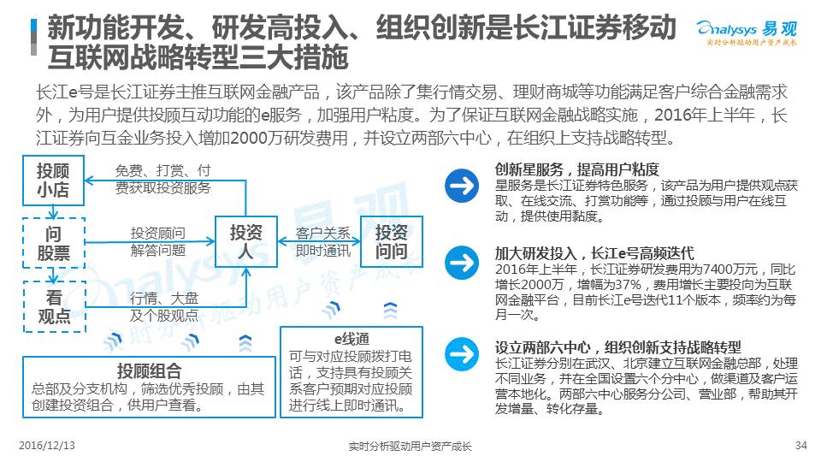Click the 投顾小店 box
click(53, 181)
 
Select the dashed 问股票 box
click(53, 243)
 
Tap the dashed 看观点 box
click(53, 306)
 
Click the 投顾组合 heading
click(150, 371)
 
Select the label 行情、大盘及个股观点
click(164, 306)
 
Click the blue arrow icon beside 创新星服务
click(463, 185)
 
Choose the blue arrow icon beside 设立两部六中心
click(463, 352)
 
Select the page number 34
click(801, 446)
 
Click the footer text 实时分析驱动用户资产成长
click(410, 447)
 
